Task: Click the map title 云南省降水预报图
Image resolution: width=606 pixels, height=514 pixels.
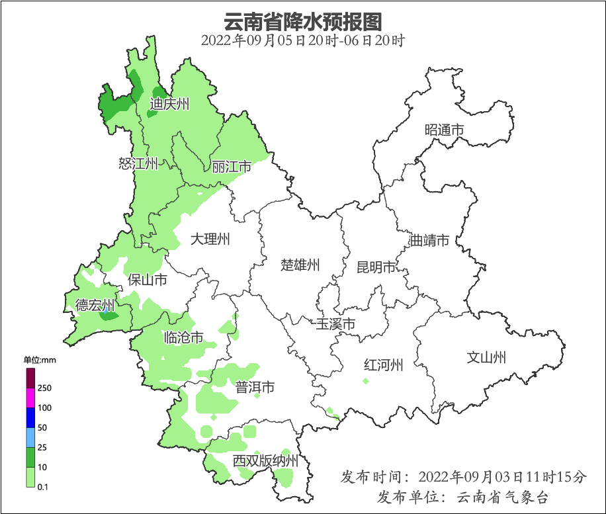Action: [302, 21]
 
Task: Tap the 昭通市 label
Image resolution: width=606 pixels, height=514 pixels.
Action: [444, 130]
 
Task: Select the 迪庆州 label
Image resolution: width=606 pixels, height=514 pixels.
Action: [169, 104]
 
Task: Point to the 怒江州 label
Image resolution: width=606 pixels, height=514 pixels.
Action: [138, 163]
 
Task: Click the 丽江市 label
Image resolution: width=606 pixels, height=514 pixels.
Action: [232, 167]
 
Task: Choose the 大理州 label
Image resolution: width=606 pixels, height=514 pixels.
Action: [210, 239]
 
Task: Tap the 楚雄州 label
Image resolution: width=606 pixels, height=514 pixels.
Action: [300, 265]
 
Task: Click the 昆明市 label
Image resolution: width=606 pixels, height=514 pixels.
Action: [376, 267]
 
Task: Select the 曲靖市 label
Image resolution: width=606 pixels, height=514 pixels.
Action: [429, 240]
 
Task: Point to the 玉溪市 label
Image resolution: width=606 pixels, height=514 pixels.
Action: [335, 324]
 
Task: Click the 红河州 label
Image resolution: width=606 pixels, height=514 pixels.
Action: [384, 364]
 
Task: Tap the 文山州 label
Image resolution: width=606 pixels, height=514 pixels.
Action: [486, 358]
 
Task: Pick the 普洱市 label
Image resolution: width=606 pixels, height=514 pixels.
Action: [255, 388]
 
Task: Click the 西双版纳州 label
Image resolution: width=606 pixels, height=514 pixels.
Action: [265, 461]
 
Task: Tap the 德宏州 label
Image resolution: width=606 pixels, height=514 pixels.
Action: [95, 305]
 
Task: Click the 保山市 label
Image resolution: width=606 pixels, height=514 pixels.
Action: [147, 280]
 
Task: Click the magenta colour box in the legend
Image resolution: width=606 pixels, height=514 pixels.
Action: [30, 398]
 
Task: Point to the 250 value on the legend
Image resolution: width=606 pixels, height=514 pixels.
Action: [45, 388]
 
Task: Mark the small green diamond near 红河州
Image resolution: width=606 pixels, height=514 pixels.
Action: [365, 381]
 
